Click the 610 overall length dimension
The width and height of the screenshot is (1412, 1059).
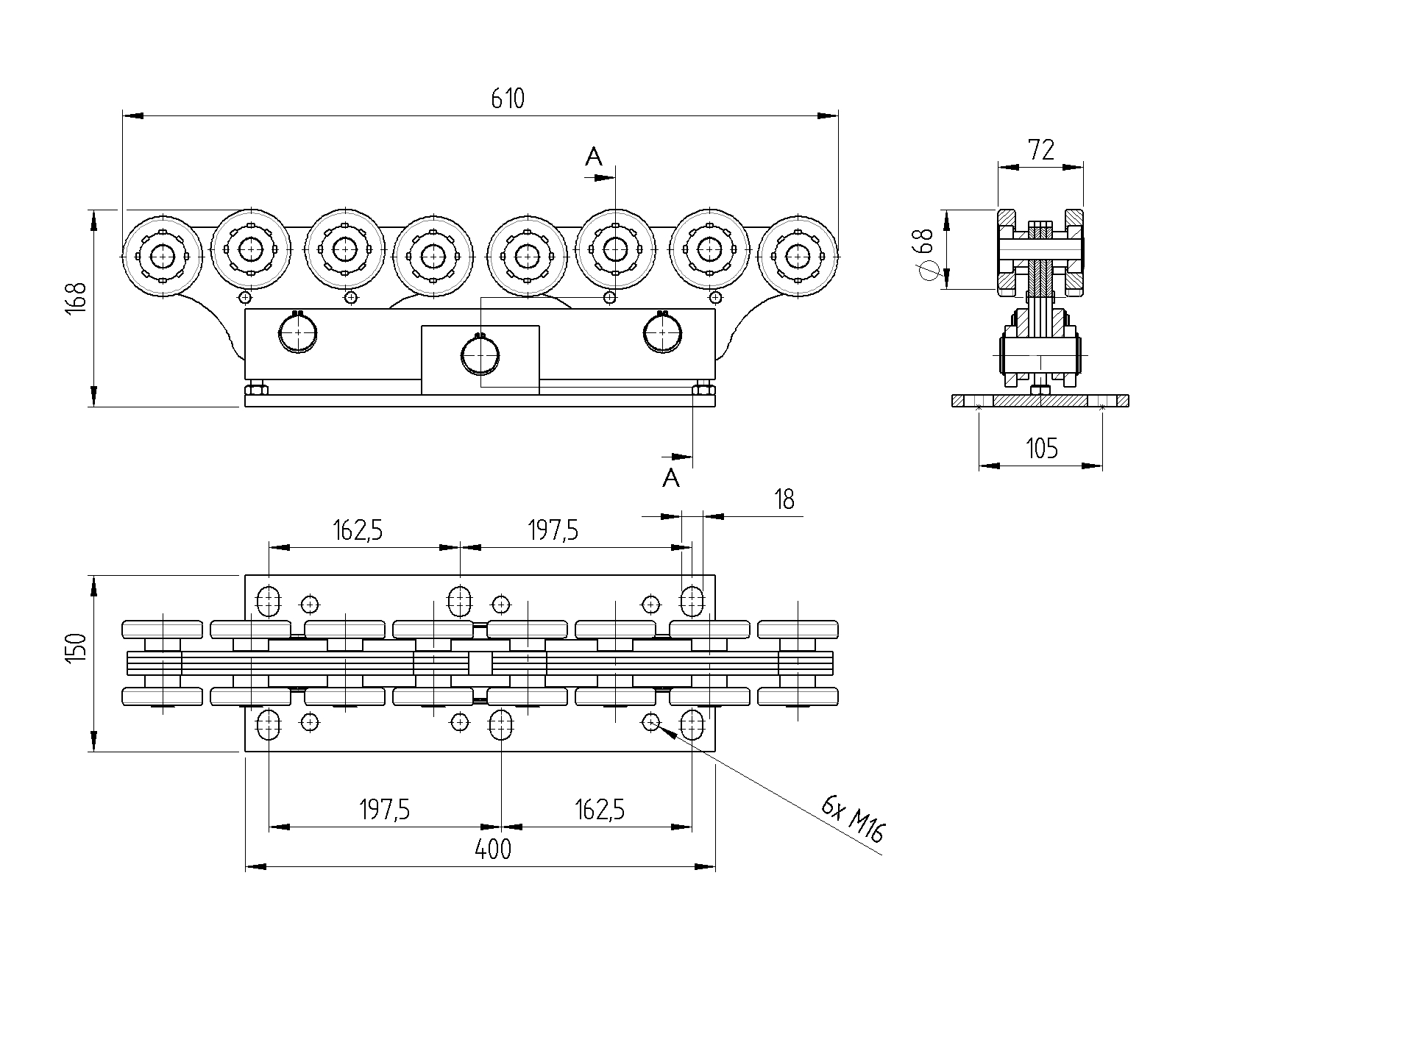[508, 99]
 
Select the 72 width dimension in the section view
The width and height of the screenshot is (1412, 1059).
[1041, 150]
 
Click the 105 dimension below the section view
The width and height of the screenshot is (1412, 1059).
[1041, 448]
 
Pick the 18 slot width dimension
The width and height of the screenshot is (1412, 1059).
[785, 500]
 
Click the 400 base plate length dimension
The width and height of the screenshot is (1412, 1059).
[493, 850]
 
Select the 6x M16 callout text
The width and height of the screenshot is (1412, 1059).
[854, 819]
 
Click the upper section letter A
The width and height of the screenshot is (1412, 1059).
[594, 156]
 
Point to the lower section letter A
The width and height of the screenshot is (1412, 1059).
[670, 479]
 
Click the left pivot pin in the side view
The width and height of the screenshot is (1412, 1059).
[298, 333]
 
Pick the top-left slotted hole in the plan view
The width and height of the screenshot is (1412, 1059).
[269, 600]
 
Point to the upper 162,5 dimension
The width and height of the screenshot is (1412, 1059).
[358, 529]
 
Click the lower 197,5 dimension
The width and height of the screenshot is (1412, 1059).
[384, 810]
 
